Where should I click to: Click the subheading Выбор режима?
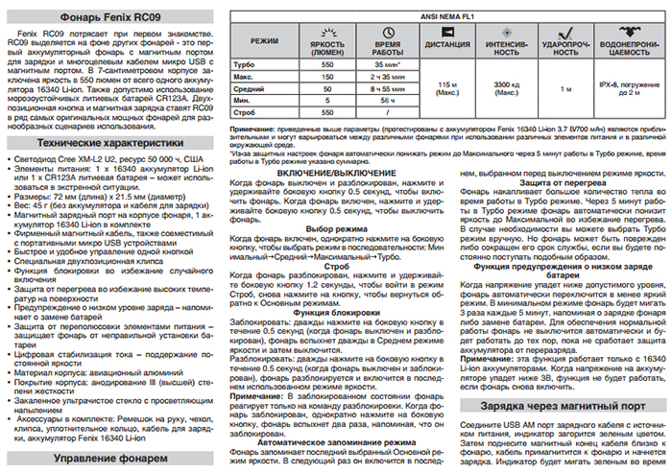coord(338,227)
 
